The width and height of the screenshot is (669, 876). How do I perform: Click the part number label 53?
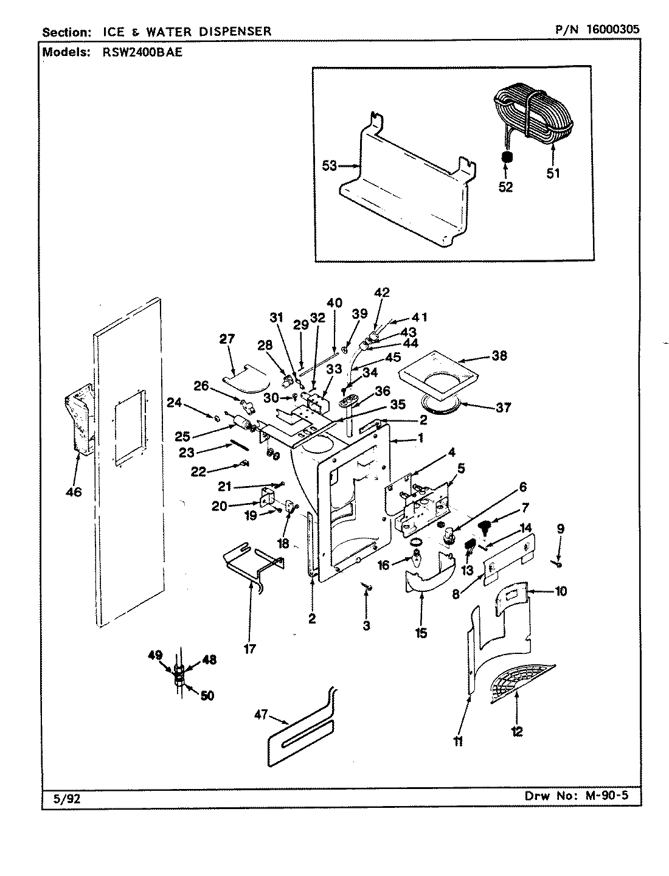(x=329, y=165)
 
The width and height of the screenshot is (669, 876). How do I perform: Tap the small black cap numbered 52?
(x=505, y=158)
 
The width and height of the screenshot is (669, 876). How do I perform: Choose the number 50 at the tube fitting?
(x=207, y=696)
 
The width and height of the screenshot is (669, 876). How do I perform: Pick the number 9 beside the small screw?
(x=560, y=529)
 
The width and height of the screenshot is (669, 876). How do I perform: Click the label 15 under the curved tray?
(x=421, y=634)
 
